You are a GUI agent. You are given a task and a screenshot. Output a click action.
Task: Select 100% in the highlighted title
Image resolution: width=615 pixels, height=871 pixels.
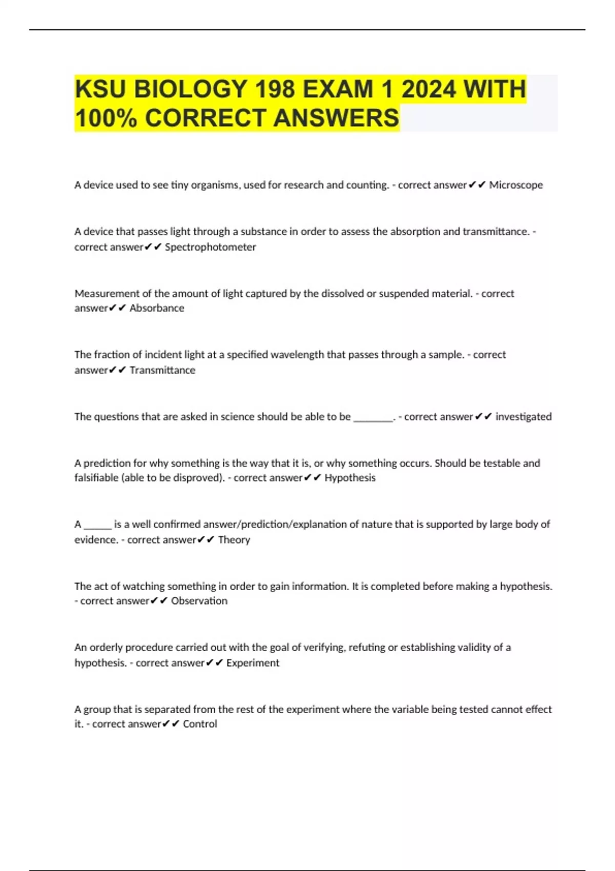click(106, 118)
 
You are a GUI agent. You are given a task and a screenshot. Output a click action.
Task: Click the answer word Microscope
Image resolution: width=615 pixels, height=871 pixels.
click(516, 185)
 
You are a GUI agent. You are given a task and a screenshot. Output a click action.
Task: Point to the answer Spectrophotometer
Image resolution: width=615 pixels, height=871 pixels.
click(210, 247)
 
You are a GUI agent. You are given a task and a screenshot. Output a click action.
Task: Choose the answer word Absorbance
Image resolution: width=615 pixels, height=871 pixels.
click(157, 308)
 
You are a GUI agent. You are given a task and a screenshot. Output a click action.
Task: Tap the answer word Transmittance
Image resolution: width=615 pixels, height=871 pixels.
click(162, 370)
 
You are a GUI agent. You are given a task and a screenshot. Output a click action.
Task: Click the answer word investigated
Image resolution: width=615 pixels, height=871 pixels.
click(523, 417)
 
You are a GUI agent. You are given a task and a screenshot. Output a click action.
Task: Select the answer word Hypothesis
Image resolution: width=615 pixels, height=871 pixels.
click(350, 478)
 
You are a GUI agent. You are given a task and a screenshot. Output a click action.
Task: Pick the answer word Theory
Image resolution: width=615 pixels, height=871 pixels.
click(234, 540)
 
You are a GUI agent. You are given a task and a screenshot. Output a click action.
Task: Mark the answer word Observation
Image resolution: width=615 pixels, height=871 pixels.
click(199, 600)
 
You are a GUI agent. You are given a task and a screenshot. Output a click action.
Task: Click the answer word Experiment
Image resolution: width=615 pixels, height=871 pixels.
click(253, 662)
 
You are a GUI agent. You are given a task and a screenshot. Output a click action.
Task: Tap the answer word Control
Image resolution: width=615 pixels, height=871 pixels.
click(200, 723)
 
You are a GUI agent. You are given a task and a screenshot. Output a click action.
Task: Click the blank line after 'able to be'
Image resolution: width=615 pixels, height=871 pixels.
click(373, 418)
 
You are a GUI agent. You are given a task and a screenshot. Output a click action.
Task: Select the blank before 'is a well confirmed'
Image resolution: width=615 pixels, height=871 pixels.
click(97, 525)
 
